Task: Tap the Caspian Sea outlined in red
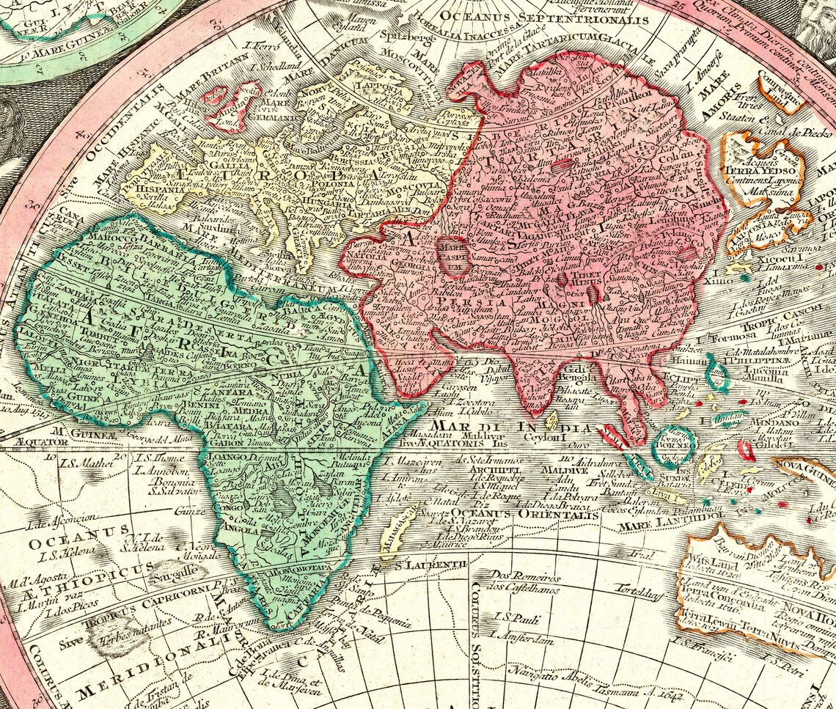tap(454, 254)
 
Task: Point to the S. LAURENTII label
tap(432, 564)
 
